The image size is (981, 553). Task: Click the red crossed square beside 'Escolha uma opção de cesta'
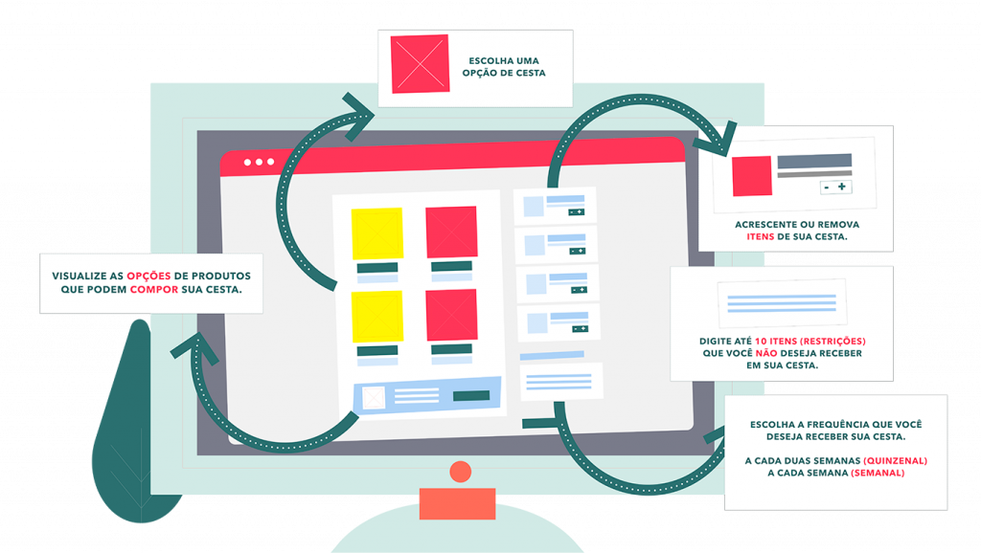click(420, 64)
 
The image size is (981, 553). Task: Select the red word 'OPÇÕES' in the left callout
click(148, 276)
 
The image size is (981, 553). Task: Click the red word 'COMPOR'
click(154, 290)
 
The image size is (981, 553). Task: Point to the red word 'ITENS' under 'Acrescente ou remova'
click(760, 237)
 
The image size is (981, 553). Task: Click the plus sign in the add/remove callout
click(842, 187)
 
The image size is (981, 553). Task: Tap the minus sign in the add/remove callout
click(827, 188)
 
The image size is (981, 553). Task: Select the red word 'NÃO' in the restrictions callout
click(766, 353)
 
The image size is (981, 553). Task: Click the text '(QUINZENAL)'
click(896, 461)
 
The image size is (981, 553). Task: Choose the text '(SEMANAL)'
click(878, 473)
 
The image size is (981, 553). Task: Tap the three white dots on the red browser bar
click(259, 162)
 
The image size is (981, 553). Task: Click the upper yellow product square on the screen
click(377, 233)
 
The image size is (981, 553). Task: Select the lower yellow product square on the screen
click(377, 317)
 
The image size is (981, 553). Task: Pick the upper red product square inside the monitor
click(452, 232)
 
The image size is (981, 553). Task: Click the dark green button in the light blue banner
click(471, 395)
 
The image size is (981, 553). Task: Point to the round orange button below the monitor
click(461, 472)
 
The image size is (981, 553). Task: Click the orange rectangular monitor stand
click(457, 503)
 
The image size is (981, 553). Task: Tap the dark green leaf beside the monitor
click(131, 431)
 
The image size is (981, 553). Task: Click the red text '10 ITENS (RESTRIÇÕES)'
click(810, 342)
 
